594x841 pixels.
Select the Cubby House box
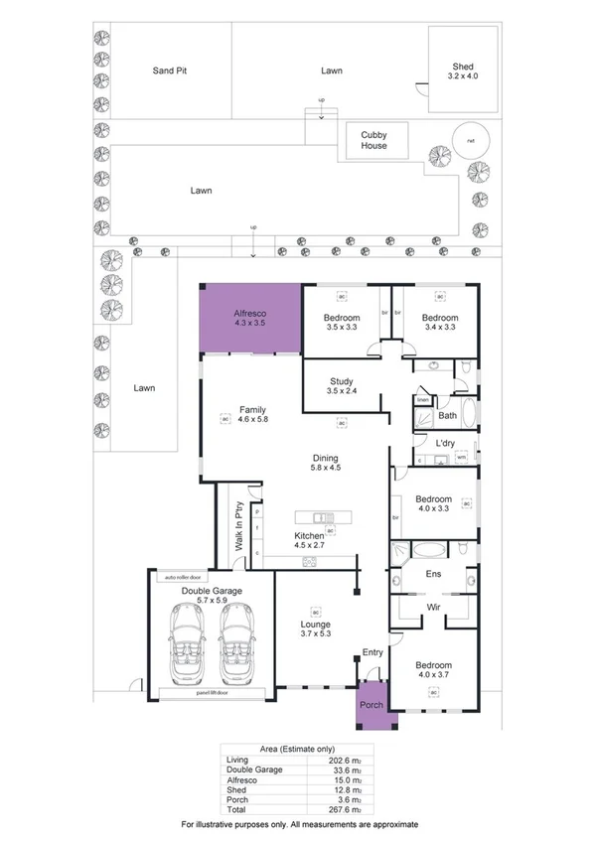(374, 140)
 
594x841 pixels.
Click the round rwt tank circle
(471, 140)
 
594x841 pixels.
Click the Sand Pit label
(170, 71)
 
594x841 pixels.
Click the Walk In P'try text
(239, 527)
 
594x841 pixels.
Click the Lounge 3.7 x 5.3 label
(315, 631)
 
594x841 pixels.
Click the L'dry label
(446, 443)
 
